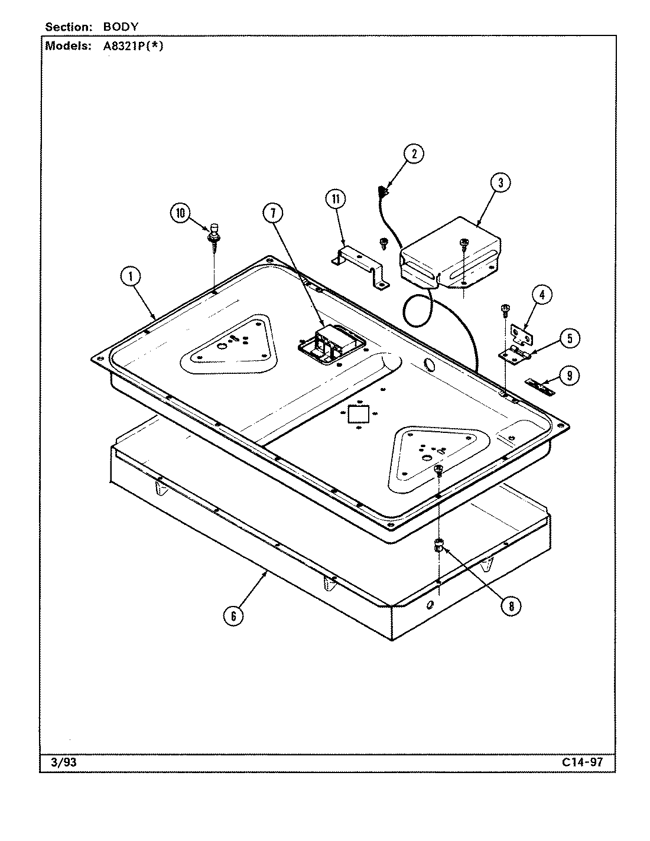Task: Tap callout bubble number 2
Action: [414, 154]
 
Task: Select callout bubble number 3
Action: [500, 183]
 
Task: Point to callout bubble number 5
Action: [569, 338]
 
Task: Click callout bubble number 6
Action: [233, 616]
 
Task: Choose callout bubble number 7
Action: [272, 214]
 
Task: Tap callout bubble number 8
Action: [511, 605]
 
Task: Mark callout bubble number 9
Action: [569, 376]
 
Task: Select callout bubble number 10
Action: [180, 213]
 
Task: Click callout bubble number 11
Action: [336, 199]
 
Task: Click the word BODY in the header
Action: [121, 27]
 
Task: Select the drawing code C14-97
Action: [583, 762]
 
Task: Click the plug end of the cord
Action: [382, 192]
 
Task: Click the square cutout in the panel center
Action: [358, 414]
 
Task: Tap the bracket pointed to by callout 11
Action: [359, 267]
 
